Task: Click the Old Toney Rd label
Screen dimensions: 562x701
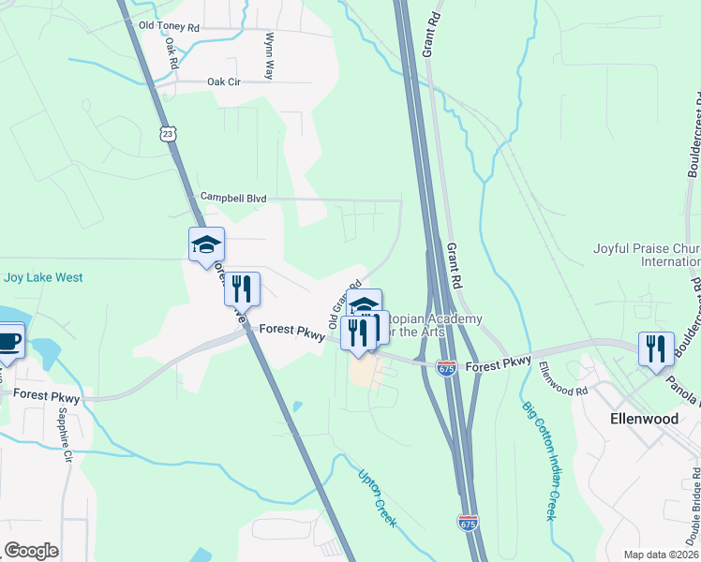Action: pos(169,26)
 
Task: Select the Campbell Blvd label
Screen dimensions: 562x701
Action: pos(233,199)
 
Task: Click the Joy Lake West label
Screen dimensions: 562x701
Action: pos(43,277)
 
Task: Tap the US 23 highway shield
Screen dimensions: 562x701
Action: pos(167,134)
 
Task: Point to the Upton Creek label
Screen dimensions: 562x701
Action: pos(377,496)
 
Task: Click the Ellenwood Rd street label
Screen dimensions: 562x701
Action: pos(563,377)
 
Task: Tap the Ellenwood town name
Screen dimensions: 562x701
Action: pos(644,419)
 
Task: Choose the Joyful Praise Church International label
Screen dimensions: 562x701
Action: pos(647,256)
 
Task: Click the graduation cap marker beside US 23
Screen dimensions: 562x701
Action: pos(206,245)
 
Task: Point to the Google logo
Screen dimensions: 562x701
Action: pos(31,551)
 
